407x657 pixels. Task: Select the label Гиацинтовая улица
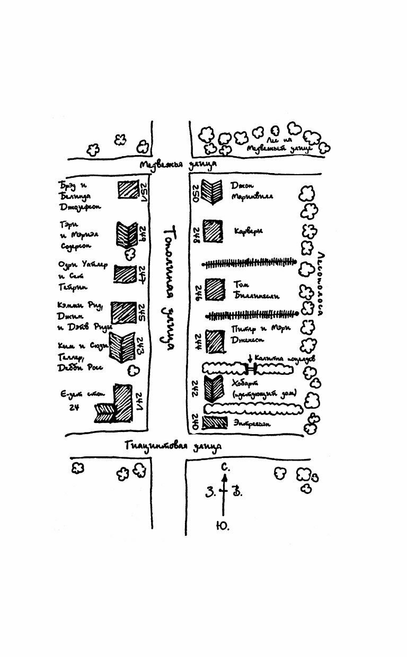(x=173, y=446)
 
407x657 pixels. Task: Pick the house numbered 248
(x=213, y=231)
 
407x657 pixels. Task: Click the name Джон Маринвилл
(x=252, y=191)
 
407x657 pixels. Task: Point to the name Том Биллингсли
(x=256, y=290)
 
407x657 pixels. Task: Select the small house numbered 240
(x=214, y=422)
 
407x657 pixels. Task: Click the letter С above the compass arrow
(x=225, y=467)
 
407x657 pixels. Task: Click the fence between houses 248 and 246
(x=249, y=262)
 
